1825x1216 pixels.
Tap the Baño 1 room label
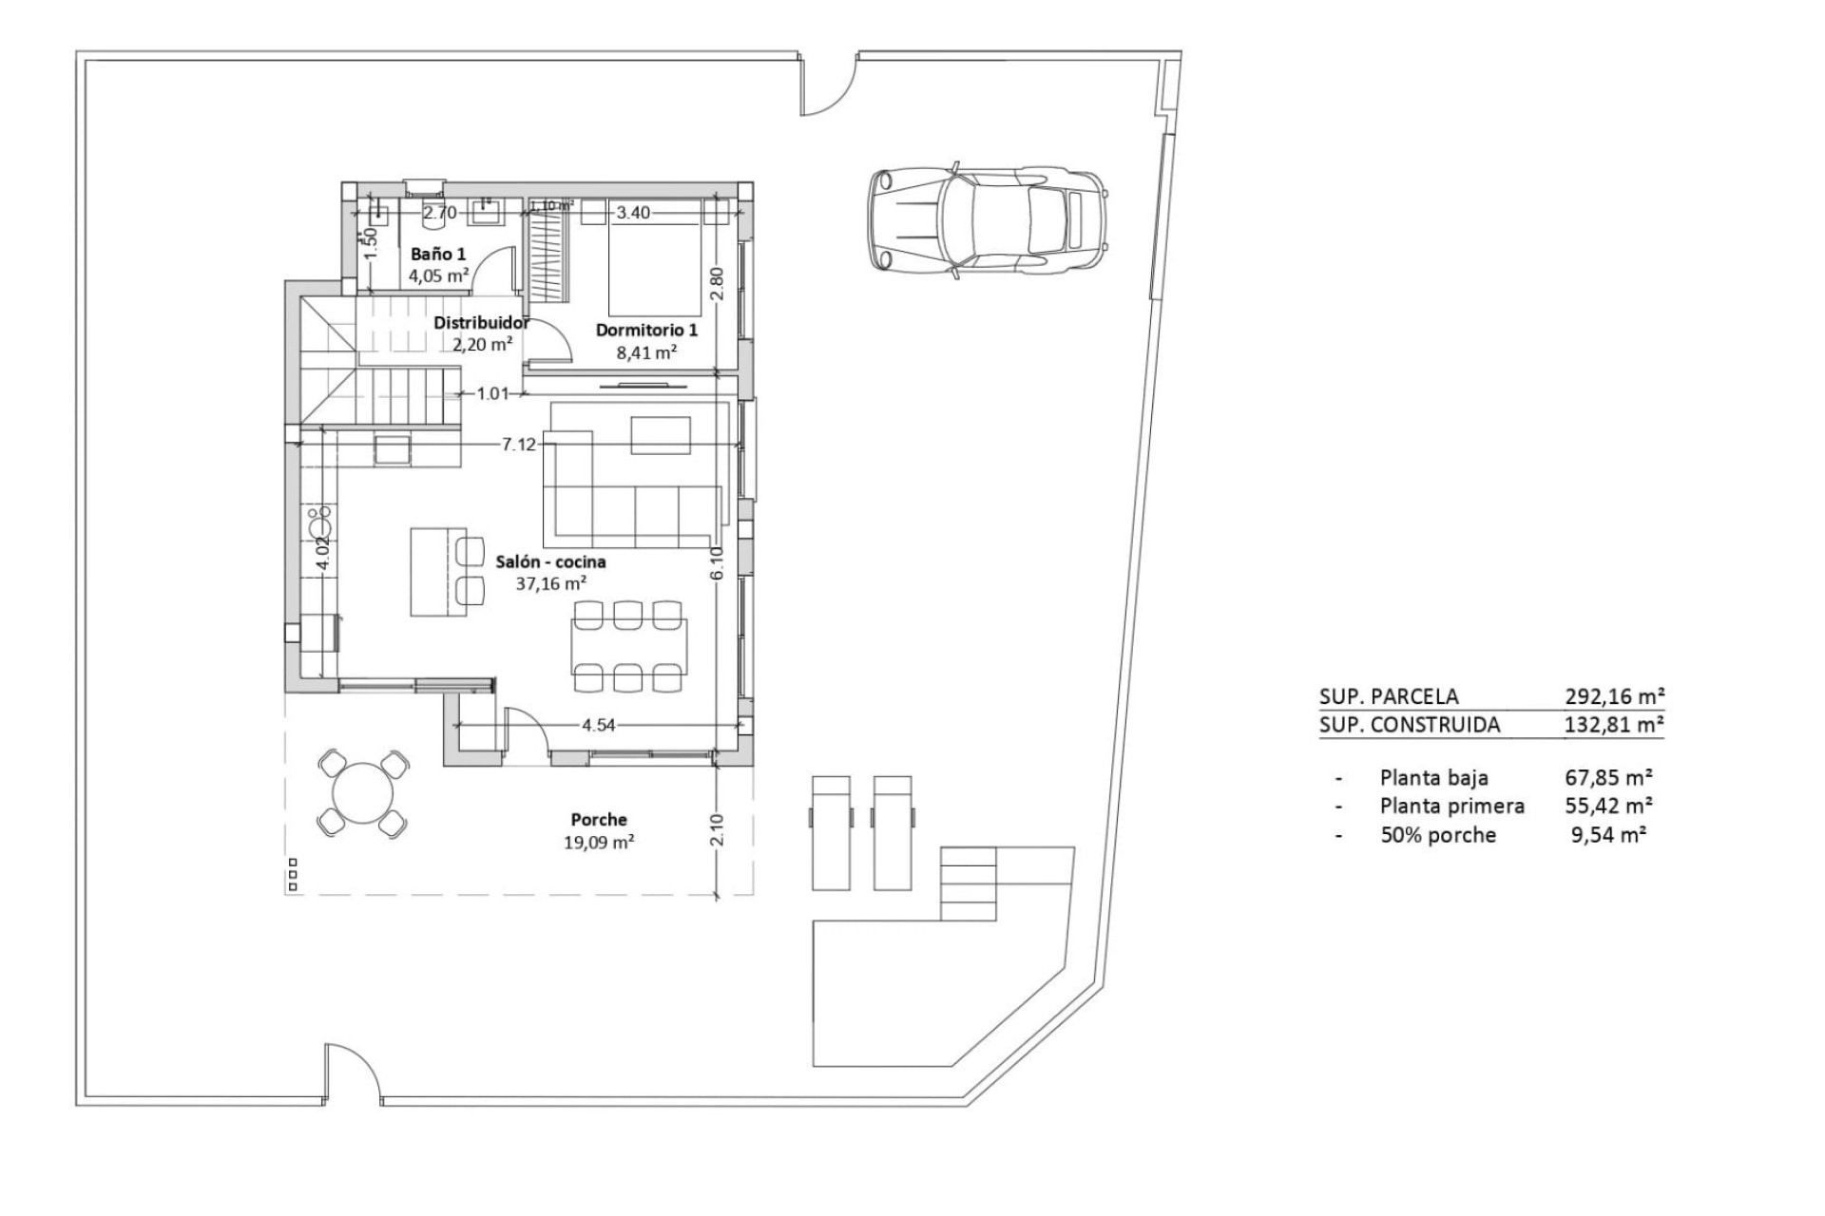(x=438, y=255)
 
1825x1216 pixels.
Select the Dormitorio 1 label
(x=646, y=330)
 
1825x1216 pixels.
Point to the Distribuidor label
(x=482, y=322)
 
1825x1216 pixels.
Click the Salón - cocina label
(x=550, y=561)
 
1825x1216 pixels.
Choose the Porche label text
(x=599, y=819)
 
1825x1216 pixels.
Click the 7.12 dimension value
(x=519, y=444)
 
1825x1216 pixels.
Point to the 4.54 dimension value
(x=599, y=725)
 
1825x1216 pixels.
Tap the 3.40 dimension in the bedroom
(x=633, y=213)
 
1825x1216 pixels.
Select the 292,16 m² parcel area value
(x=1614, y=696)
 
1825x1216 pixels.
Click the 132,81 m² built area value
(x=1614, y=725)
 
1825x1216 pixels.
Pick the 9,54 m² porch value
(x=1612, y=834)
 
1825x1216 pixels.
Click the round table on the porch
(x=361, y=792)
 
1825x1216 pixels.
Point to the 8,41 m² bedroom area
(x=646, y=351)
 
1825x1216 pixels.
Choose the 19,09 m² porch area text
(x=599, y=841)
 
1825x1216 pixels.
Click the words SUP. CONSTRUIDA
(x=1410, y=725)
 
